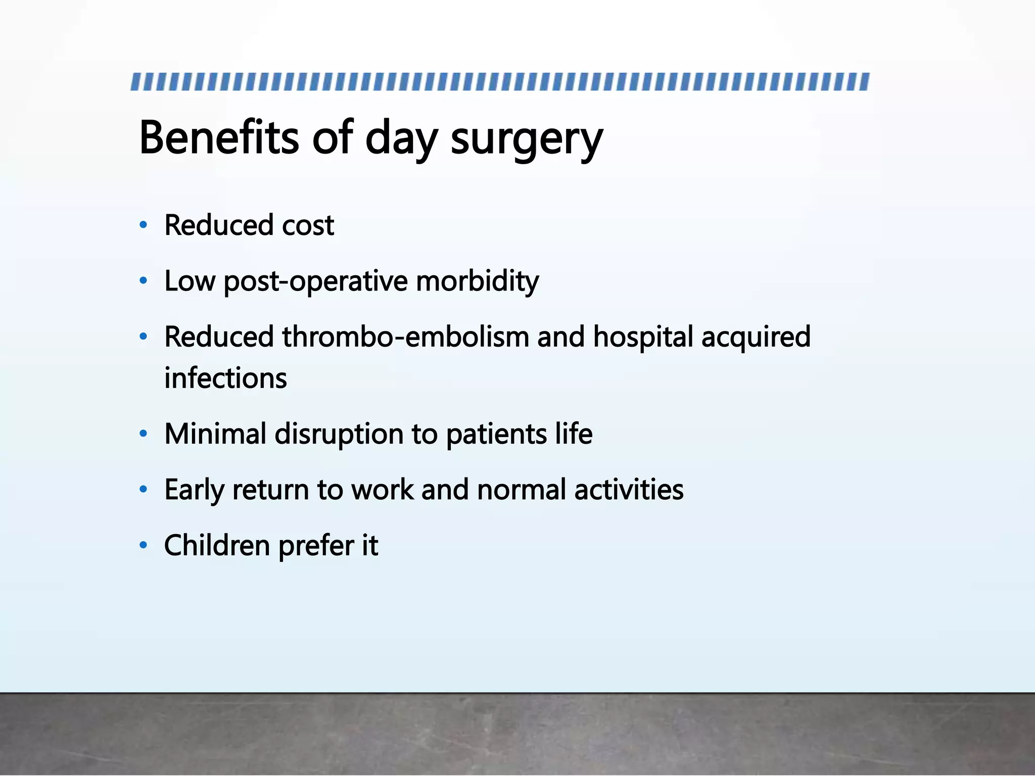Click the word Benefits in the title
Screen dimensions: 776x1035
tap(219, 137)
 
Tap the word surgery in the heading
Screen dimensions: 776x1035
tap(527, 139)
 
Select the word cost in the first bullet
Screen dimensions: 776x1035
tap(308, 225)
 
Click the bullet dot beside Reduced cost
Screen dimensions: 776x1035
tap(144, 225)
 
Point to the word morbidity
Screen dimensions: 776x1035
tap(477, 281)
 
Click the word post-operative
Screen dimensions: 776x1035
tap(315, 282)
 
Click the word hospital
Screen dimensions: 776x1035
tap(643, 337)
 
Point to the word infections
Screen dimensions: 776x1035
tap(225, 378)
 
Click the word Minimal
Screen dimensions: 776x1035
tap(215, 434)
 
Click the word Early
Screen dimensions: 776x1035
tap(194, 490)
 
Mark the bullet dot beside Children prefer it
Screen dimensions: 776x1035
tap(144, 545)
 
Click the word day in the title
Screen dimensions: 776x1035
tap(401, 139)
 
